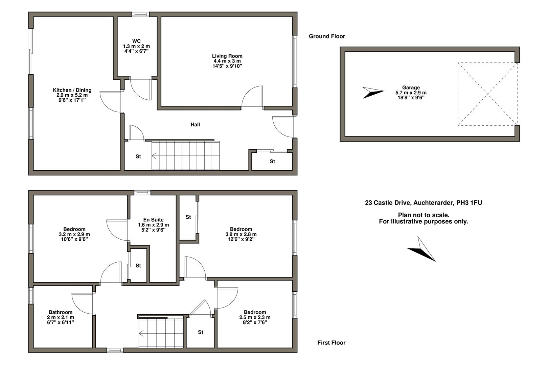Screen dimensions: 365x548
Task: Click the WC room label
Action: click(x=136, y=41)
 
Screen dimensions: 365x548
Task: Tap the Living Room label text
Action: click(x=227, y=56)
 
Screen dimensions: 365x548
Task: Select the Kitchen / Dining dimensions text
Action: click(x=72, y=98)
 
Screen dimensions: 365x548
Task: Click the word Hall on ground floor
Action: click(x=195, y=125)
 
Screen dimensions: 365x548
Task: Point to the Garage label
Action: click(x=411, y=88)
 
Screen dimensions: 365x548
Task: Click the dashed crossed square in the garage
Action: click(x=487, y=94)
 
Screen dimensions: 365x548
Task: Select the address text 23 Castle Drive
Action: click(x=423, y=203)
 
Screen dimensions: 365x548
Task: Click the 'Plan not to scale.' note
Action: click(x=424, y=215)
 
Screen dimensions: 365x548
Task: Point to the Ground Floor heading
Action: click(x=327, y=36)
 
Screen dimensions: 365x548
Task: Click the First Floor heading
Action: click(x=331, y=343)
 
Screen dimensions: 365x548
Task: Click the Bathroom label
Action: click(x=61, y=312)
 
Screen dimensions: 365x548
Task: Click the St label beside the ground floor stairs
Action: click(x=138, y=157)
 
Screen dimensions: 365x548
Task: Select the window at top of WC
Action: click(x=140, y=14)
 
